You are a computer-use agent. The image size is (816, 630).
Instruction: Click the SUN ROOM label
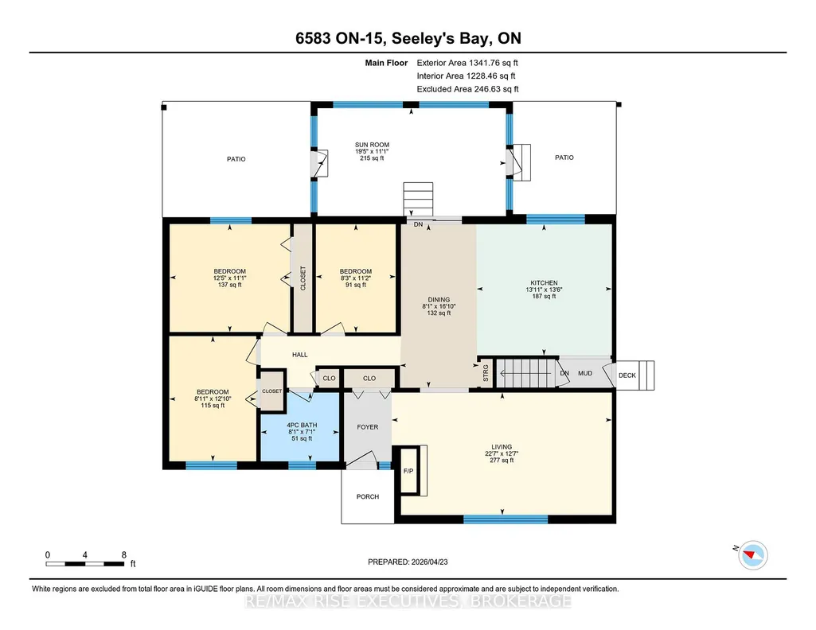372,145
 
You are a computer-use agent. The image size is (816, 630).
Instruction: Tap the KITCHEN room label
544,282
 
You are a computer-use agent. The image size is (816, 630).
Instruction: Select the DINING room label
439,299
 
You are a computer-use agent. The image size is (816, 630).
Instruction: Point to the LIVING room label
502,446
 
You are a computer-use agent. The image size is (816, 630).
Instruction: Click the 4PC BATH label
302,425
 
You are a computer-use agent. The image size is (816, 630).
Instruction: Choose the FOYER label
368,426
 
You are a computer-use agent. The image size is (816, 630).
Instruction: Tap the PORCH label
368,496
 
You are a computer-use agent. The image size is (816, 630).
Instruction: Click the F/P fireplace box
408,470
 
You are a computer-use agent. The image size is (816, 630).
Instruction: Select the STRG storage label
486,373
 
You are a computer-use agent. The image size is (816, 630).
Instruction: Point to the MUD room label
585,373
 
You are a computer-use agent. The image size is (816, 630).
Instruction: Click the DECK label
627,375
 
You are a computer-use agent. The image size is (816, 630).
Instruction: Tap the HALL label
300,355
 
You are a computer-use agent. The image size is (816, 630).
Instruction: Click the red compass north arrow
750,556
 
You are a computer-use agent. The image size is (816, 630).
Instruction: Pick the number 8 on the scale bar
124,554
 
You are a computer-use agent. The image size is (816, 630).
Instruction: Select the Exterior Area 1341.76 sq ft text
467,63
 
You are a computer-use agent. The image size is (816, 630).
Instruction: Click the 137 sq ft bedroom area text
229,285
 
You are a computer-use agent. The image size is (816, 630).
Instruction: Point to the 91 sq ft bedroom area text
355,285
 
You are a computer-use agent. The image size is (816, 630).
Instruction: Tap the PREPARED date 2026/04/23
429,562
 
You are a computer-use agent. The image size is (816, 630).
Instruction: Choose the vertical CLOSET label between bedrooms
303,278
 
